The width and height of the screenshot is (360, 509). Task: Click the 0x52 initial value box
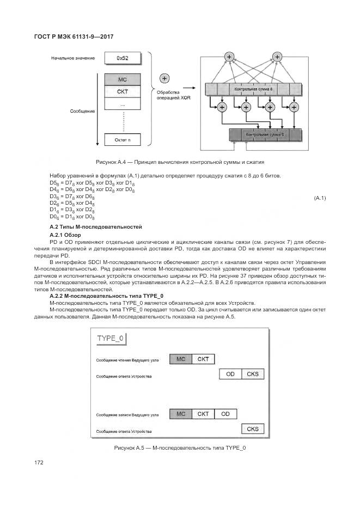pyautogui.click(x=122, y=58)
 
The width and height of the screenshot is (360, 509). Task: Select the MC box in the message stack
pyautogui.click(x=122, y=79)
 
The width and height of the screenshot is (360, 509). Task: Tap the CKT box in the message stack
pyautogui.click(x=122, y=91)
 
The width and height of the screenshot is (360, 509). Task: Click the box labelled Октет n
pyautogui.click(x=122, y=140)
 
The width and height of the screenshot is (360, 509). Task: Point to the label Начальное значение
pyautogui.click(x=74, y=58)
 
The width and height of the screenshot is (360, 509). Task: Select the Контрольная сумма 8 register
pyautogui.click(x=253, y=88)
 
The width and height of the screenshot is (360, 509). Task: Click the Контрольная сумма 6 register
pyautogui.click(x=265, y=134)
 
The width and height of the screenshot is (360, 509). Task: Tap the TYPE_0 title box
pyautogui.click(x=111, y=339)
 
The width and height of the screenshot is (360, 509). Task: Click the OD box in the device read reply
pyautogui.click(x=230, y=374)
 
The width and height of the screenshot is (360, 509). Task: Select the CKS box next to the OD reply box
pyautogui.click(x=253, y=374)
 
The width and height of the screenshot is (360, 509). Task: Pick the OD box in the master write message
pyautogui.click(x=225, y=414)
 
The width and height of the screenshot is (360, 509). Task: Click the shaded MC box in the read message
pyautogui.click(x=181, y=359)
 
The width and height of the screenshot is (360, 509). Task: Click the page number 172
pyautogui.click(x=39, y=462)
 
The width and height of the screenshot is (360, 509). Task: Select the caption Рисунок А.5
pyautogui.click(x=180, y=447)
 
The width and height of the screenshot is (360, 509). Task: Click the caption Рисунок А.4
pyautogui.click(x=180, y=162)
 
